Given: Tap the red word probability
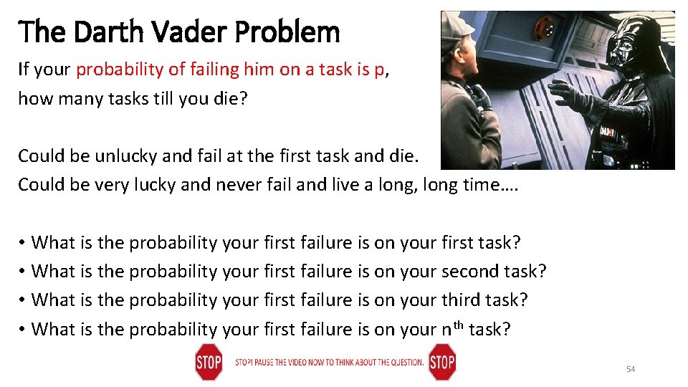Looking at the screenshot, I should pos(120,70).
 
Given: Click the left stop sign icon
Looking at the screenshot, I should pos(208,362).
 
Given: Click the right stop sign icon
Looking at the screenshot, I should pos(441,362).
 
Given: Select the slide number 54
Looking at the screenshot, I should pos(631,369).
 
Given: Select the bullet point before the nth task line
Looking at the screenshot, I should pos(23,330).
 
